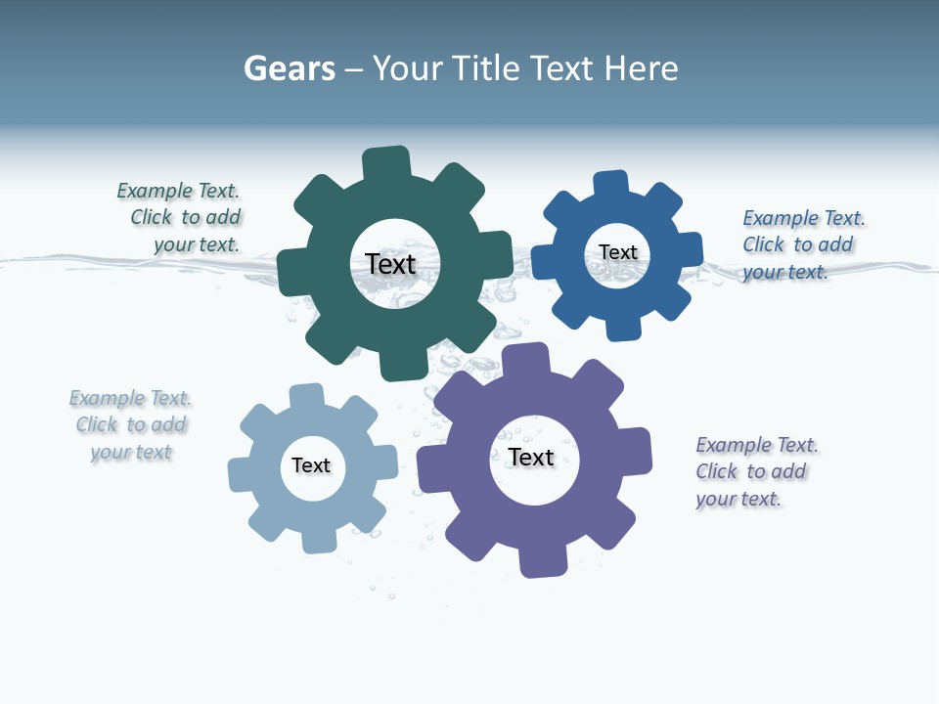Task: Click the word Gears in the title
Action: point(289,68)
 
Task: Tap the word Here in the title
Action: point(641,68)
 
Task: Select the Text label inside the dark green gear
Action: point(391,264)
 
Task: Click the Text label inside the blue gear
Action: point(618,252)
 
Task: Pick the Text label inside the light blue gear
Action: point(311,465)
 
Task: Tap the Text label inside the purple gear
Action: point(531,457)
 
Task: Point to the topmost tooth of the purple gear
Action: point(524,359)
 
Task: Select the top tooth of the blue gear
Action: point(611,184)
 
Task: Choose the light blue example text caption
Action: point(131,425)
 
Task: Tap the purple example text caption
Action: point(755,471)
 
